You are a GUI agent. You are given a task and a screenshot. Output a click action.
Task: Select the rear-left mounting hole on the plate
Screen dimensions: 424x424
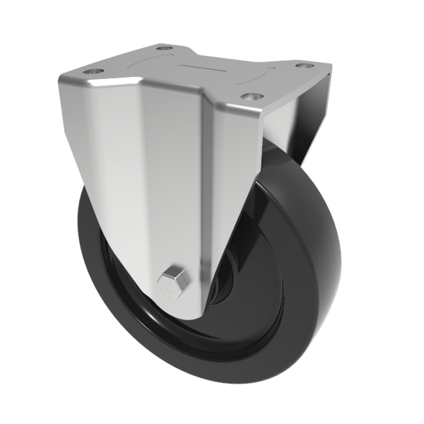164,48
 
